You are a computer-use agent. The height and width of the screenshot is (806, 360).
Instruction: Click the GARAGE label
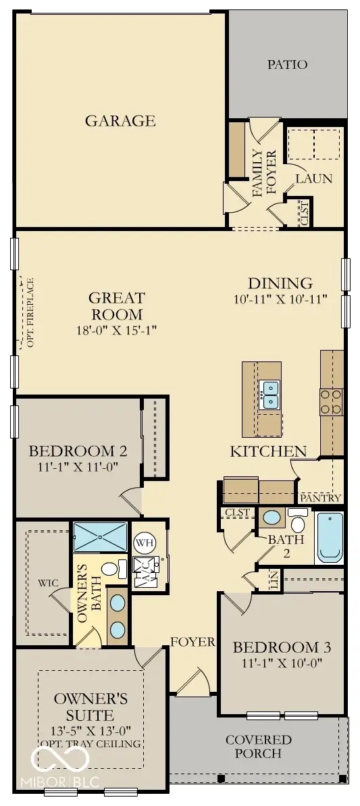point(120,121)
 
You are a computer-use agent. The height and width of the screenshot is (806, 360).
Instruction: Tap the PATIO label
point(287,65)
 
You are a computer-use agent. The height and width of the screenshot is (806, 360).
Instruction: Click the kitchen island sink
point(271,395)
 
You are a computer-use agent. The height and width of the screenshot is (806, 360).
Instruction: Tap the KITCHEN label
point(268,451)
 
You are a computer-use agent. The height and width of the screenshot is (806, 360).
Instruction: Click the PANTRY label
point(321,498)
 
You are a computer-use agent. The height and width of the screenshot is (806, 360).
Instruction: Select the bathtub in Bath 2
point(330,537)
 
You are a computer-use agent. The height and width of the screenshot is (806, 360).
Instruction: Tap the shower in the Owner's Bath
point(99,537)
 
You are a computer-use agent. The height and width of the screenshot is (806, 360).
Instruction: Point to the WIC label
point(48,582)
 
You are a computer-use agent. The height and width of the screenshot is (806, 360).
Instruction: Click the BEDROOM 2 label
point(78,451)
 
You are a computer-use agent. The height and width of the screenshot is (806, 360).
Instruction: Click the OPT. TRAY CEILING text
point(91,743)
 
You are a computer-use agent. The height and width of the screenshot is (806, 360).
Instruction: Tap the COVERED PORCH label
point(259,746)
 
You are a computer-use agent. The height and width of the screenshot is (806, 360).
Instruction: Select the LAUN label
point(314,179)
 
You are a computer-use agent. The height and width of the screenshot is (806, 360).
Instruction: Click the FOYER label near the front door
point(192,642)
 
